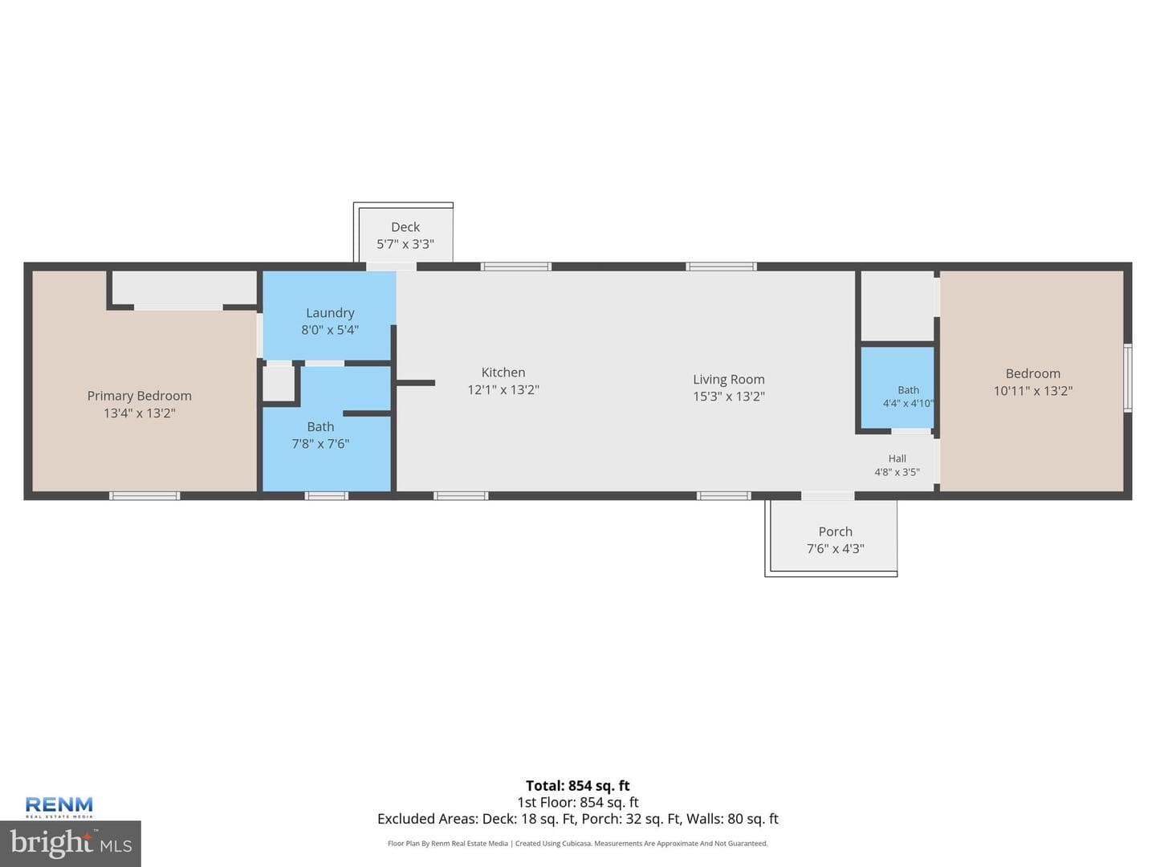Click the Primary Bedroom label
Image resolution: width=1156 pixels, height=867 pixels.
click(x=139, y=396)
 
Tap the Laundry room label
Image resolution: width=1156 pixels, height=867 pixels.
click(x=330, y=313)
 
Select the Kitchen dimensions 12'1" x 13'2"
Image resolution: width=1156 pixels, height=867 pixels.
click(x=503, y=389)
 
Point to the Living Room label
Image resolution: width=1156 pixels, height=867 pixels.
click(x=729, y=380)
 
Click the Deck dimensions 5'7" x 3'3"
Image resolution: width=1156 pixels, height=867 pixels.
click(x=405, y=244)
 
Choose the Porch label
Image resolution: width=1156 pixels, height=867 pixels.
click(x=835, y=531)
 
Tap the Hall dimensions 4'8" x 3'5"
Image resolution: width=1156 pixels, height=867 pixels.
click(x=898, y=472)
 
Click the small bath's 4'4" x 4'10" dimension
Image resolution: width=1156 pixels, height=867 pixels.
click(x=909, y=403)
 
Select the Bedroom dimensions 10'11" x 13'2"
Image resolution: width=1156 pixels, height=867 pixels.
click(x=1033, y=391)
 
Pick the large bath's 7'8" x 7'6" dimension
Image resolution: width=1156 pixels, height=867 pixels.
click(x=320, y=444)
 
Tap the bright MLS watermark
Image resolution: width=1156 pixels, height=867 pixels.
click(x=71, y=844)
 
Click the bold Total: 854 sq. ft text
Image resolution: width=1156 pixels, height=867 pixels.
click(x=578, y=786)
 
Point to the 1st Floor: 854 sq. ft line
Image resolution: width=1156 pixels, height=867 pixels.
click(x=578, y=802)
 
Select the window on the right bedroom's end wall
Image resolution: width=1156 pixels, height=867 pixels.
click(x=1128, y=377)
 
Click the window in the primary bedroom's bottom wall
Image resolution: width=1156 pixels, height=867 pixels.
click(x=144, y=496)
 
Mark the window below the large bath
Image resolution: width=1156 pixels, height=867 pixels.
click(x=327, y=496)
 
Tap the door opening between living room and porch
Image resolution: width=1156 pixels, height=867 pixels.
click(x=828, y=496)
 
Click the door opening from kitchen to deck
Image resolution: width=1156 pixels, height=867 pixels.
click(x=391, y=267)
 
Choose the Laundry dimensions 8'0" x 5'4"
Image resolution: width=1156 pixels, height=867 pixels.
click(x=330, y=330)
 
